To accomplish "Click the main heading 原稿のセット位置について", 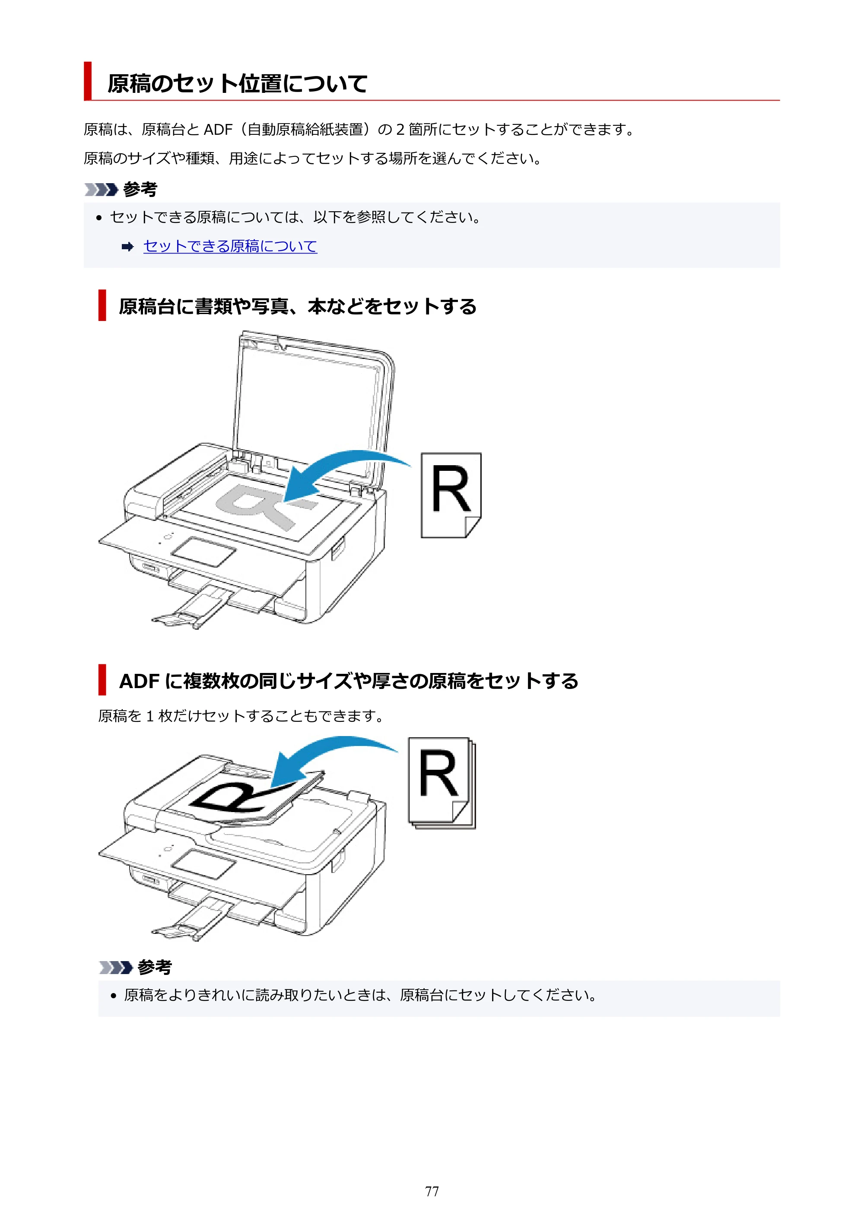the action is pyautogui.click(x=238, y=83).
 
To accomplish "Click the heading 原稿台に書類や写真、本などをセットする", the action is pyautogui.click(x=298, y=307).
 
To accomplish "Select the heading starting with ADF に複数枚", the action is pyautogui.click(x=349, y=681).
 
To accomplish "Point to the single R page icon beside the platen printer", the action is pyautogui.click(x=451, y=495).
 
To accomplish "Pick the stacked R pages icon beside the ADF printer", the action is pyautogui.click(x=442, y=782).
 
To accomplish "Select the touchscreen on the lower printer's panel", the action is pyautogui.click(x=203, y=864).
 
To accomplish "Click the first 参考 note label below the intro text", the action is pyautogui.click(x=140, y=190).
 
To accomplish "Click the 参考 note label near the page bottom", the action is pyautogui.click(x=154, y=967).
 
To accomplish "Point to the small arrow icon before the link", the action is pyautogui.click(x=127, y=246).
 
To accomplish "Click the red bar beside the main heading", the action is pyautogui.click(x=88, y=81).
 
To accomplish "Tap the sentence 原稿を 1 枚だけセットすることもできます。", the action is pyautogui.click(x=241, y=716).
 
